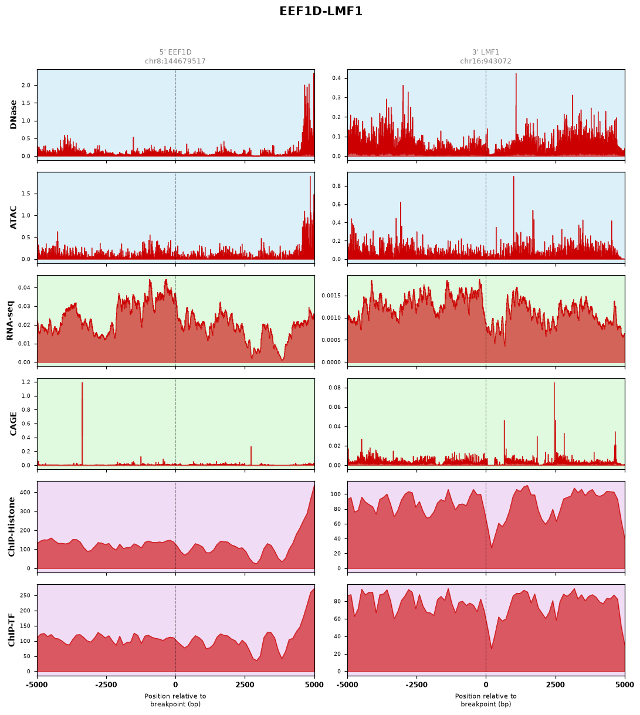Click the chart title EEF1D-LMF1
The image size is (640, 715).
click(320, 11)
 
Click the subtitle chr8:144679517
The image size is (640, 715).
click(175, 61)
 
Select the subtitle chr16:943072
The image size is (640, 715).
click(485, 61)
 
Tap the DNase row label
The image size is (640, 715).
click(13, 115)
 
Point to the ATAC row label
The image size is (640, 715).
click(13, 218)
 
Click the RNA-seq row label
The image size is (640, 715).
click(10, 320)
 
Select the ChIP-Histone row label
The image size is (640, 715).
click(11, 527)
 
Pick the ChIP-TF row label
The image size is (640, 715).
click(11, 630)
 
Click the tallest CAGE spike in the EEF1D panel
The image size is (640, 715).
click(82, 423)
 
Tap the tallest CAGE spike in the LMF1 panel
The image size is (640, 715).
click(554, 423)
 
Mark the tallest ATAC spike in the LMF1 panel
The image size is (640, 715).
click(514, 218)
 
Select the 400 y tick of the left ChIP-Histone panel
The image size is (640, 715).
click(26, 492)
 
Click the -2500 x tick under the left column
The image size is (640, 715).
click(106, 684)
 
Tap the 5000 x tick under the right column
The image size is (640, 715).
click(625, 684)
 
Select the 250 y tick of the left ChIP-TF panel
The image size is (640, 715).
click(26, 595)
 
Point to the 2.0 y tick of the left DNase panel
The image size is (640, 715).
click(26, 85)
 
